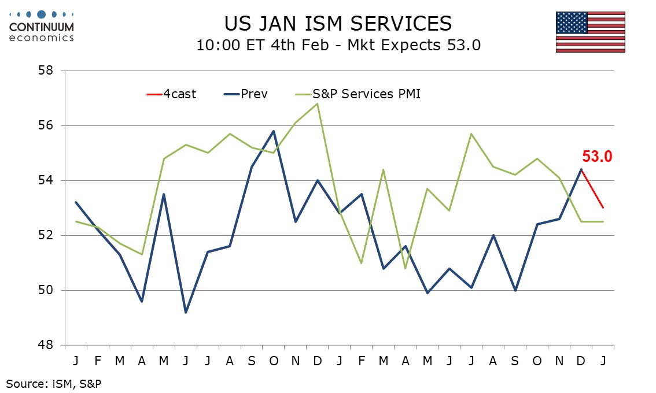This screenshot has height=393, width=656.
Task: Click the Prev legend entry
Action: click(x=246, y=94)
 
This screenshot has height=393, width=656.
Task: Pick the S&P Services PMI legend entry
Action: click(x=358, y=94)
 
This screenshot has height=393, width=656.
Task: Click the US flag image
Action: click(x=590, y=32)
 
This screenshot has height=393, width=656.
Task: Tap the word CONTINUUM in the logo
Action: click(x=42, y=27)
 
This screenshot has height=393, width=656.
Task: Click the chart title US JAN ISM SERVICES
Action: click(x=338, y=24)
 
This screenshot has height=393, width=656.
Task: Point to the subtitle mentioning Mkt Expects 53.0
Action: click(x=338, y=46)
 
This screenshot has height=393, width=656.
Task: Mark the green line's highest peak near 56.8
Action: click(x=318, y=104)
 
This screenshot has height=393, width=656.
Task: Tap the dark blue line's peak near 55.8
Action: click(x=274, y=131)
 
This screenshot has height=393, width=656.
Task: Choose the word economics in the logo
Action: click(x=42, y=38)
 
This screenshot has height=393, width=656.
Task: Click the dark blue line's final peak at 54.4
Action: click(x=580, y=169)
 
